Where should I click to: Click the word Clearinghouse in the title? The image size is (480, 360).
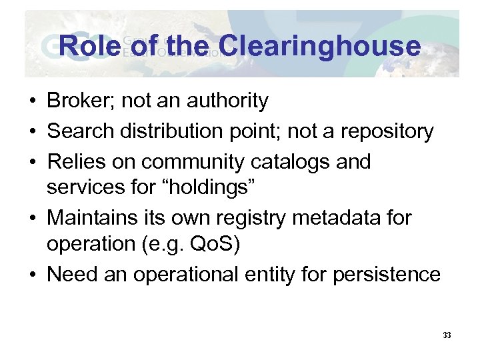[319, 46]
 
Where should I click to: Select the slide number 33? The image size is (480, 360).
[447, 335]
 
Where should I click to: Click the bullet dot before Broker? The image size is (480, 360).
[32, 102]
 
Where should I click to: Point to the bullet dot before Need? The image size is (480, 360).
[32, 275]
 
